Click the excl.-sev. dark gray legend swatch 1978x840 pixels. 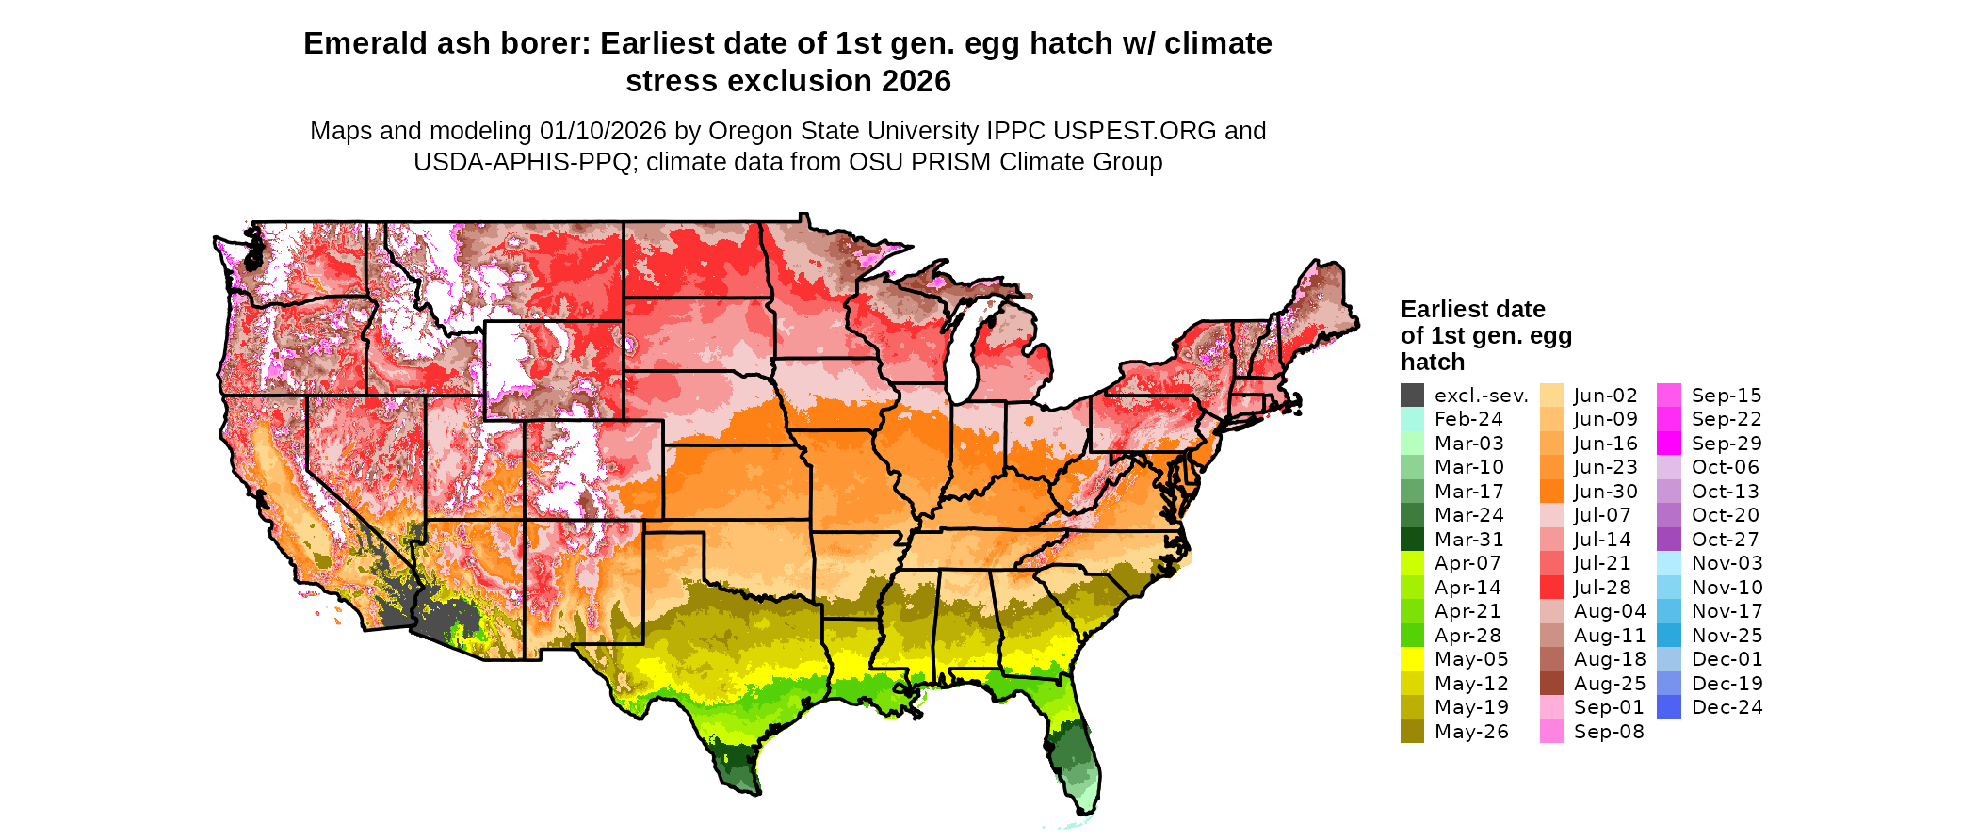click(x=1412, y=396)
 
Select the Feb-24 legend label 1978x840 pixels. click(x=1468, y=419)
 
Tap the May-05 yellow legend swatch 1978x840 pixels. click(x=1412, y=659)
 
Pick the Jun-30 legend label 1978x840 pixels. click(x=1606, y=492)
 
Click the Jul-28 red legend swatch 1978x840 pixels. click(x=1551, y=588)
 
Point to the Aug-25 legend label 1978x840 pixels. click(x=1610, y=684)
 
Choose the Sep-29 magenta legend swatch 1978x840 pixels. click(x=1668, y=444)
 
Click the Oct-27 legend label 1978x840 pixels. click(x=1725, y=540)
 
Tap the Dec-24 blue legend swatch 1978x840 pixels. click(x=1668, y=707)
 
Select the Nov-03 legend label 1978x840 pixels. click(x=1727, y=563)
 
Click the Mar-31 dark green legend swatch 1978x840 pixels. click(x=1412, y=540)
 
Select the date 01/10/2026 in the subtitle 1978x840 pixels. click(x=603, y=131)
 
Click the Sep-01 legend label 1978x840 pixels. click(x=1609, y=707)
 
